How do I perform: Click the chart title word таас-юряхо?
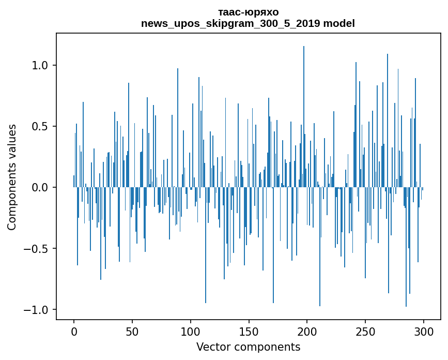(x=248, y=12)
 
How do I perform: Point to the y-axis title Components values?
(x=12, y=177)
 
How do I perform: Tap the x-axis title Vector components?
(x=248, y=347)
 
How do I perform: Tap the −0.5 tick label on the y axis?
(x=38, y=249)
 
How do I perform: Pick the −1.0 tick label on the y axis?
(x=38, y=310)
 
